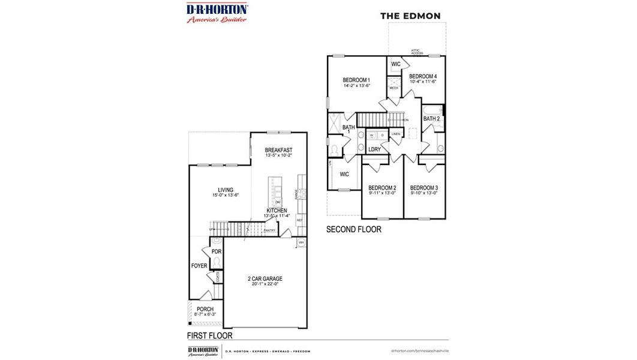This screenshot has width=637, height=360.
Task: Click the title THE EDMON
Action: (410, 16)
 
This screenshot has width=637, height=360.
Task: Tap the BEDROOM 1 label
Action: (356, 80)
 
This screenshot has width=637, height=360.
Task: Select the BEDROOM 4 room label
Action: (423, 76)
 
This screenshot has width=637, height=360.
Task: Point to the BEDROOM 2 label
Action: (382, 187)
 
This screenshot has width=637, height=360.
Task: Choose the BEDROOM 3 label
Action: (424, 187)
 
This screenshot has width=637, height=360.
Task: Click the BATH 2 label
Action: (432, 119)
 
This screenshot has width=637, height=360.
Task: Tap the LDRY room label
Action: (374, 149)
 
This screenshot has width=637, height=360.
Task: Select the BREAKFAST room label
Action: (279, 150)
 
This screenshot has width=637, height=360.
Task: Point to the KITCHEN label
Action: (277, 211)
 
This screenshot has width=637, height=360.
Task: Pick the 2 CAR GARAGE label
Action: (265, 278)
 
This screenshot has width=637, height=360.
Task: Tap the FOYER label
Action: (199, 266)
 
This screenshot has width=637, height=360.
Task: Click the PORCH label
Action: (205, 309)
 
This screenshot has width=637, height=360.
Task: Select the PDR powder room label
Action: (216, 251)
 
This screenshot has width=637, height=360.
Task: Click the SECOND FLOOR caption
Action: (353, 229)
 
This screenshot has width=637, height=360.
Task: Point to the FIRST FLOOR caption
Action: (209, 335)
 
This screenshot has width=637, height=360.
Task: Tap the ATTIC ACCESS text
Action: (417, 52)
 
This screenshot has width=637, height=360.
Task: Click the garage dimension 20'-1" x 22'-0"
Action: (265, 284)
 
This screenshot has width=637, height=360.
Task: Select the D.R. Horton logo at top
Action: (217, 13)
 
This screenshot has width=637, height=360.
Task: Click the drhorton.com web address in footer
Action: (419, 350)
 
